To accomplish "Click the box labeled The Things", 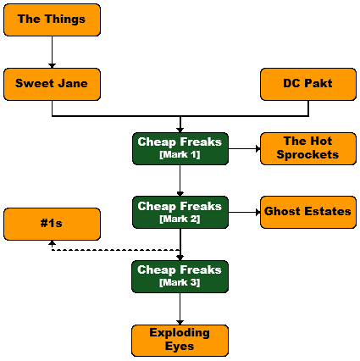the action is (x=52, y=19).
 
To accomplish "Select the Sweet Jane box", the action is (x=52, y=84).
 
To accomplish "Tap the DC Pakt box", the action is (x=308, y=84).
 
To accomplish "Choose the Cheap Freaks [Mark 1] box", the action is (x=180, y=148).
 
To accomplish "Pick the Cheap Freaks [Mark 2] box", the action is (x=180, y=213).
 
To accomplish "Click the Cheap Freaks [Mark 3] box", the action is (x=180, y=276).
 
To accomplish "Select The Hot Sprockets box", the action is (x=308, y=148).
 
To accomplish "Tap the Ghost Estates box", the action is (x=308, y=213).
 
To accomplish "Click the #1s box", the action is (x=52, y=225).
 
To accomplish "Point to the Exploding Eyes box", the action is (x=180, y=341).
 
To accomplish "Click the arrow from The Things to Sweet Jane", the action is (x=52, y=53).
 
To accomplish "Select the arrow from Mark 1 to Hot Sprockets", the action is (x=244, y=148).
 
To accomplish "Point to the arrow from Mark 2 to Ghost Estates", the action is (x=244, y=213).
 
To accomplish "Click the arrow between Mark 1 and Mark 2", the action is (x=180, y=180).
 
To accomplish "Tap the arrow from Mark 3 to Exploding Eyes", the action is (x=180, y=309).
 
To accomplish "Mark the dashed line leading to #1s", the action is (x=116, y=250).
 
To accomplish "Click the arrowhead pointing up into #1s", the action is (x=52, y=243).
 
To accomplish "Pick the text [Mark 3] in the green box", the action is (x=180, y=282).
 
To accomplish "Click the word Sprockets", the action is (x=307, y=155).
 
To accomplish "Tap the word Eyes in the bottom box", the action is (x=180, y=347).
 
